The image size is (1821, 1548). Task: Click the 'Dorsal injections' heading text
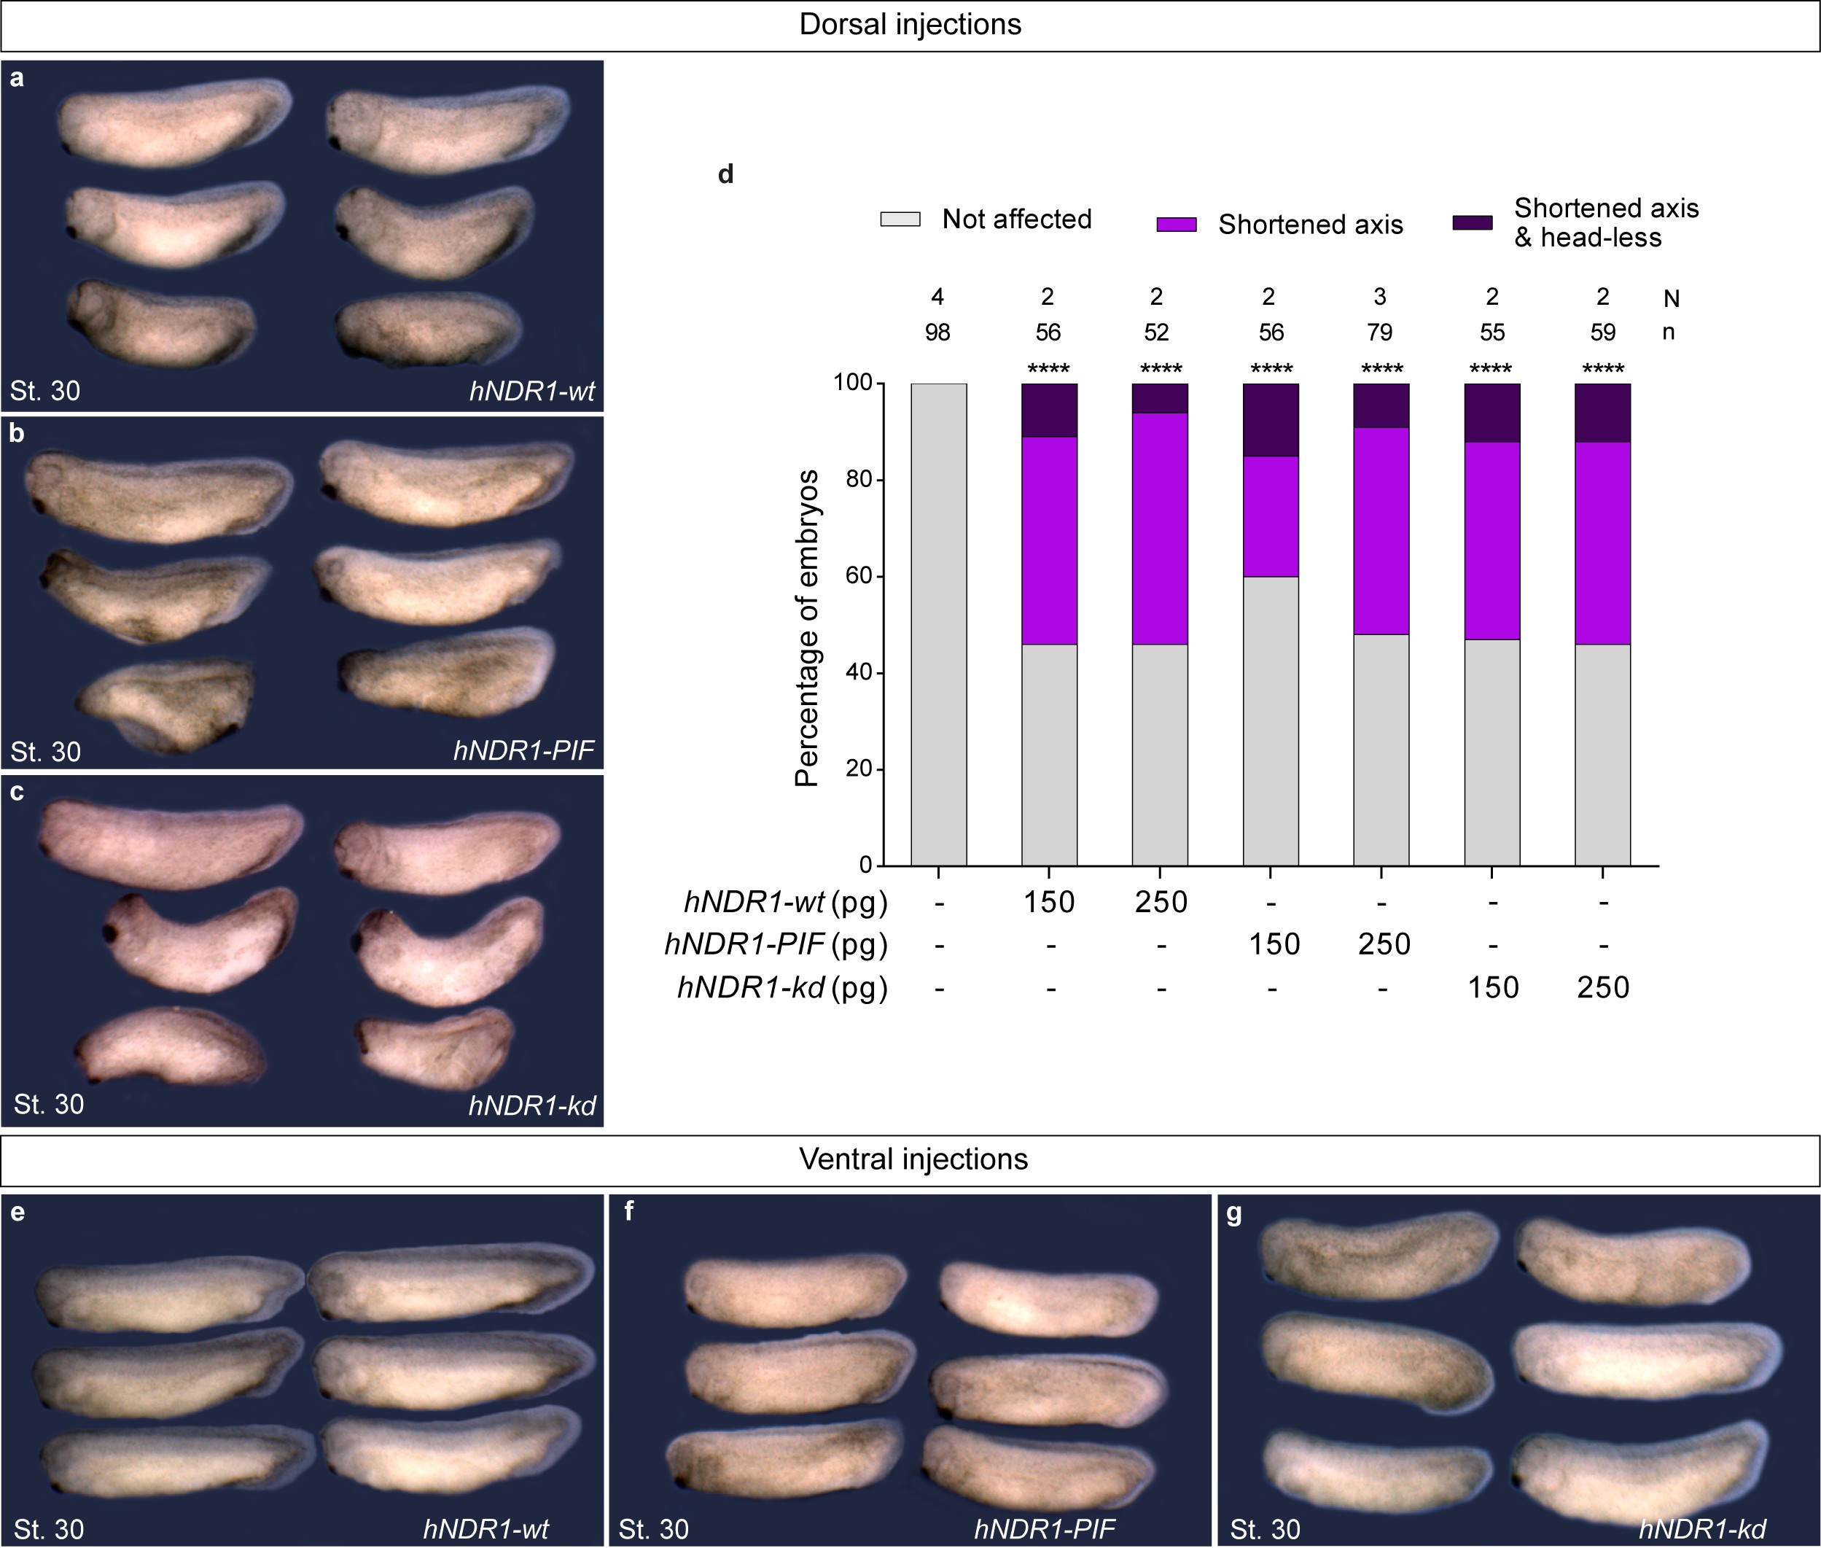[x=910, y=25]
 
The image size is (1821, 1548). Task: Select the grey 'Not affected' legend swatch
[x=900, y=219]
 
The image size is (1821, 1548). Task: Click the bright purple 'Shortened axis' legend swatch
[x=1177, y=225]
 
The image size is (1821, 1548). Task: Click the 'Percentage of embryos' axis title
[x=807, y=628]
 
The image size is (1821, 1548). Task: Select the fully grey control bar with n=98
[x=939, y=624]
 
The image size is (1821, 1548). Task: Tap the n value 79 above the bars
[x=1380, y=332]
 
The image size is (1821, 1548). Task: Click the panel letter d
[x=725, y=174]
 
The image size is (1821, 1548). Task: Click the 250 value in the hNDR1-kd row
[x=1602, y=988]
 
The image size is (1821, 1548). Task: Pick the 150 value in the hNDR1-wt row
[x=1049, y=902]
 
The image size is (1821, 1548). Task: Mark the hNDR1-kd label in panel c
[x=531, y=1105]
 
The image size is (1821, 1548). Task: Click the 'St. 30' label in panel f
[x=653, y=1530]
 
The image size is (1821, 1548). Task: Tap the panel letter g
[x=1234, y=1213]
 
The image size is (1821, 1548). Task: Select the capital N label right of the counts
[x=1671, y=299]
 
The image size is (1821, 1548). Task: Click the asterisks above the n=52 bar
[x=1161, y=368]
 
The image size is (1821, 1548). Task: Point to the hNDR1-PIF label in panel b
[x=523, y=750]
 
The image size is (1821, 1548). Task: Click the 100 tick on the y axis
[x=853, y=384]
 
